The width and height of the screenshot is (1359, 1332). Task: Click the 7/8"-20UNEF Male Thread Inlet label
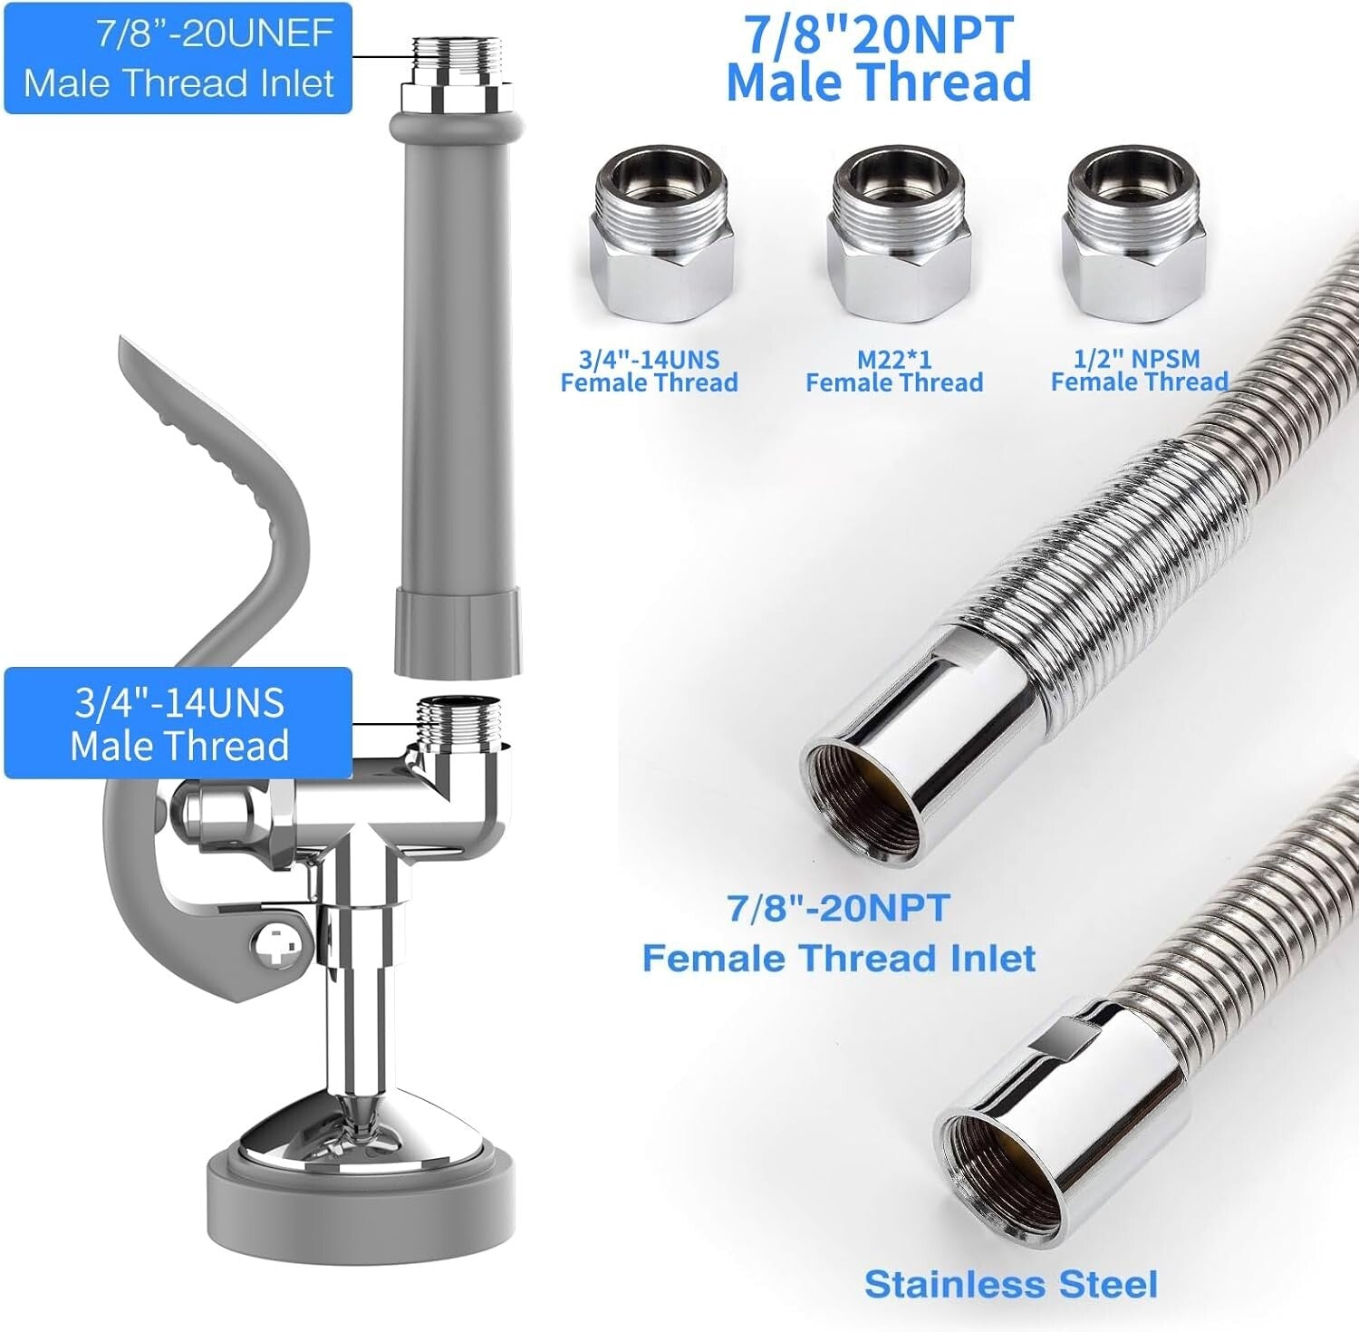click(178, 59)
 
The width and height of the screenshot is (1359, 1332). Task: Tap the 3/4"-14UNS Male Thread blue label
click(178, 723)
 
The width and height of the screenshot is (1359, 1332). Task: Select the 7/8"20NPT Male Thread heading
click(879, 59)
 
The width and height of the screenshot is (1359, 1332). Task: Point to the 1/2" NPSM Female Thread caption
click(1139, 371)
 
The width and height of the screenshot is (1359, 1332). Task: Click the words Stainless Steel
click(1010, 1284)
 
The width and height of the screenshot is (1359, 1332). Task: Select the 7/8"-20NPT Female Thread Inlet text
click(839, 933)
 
